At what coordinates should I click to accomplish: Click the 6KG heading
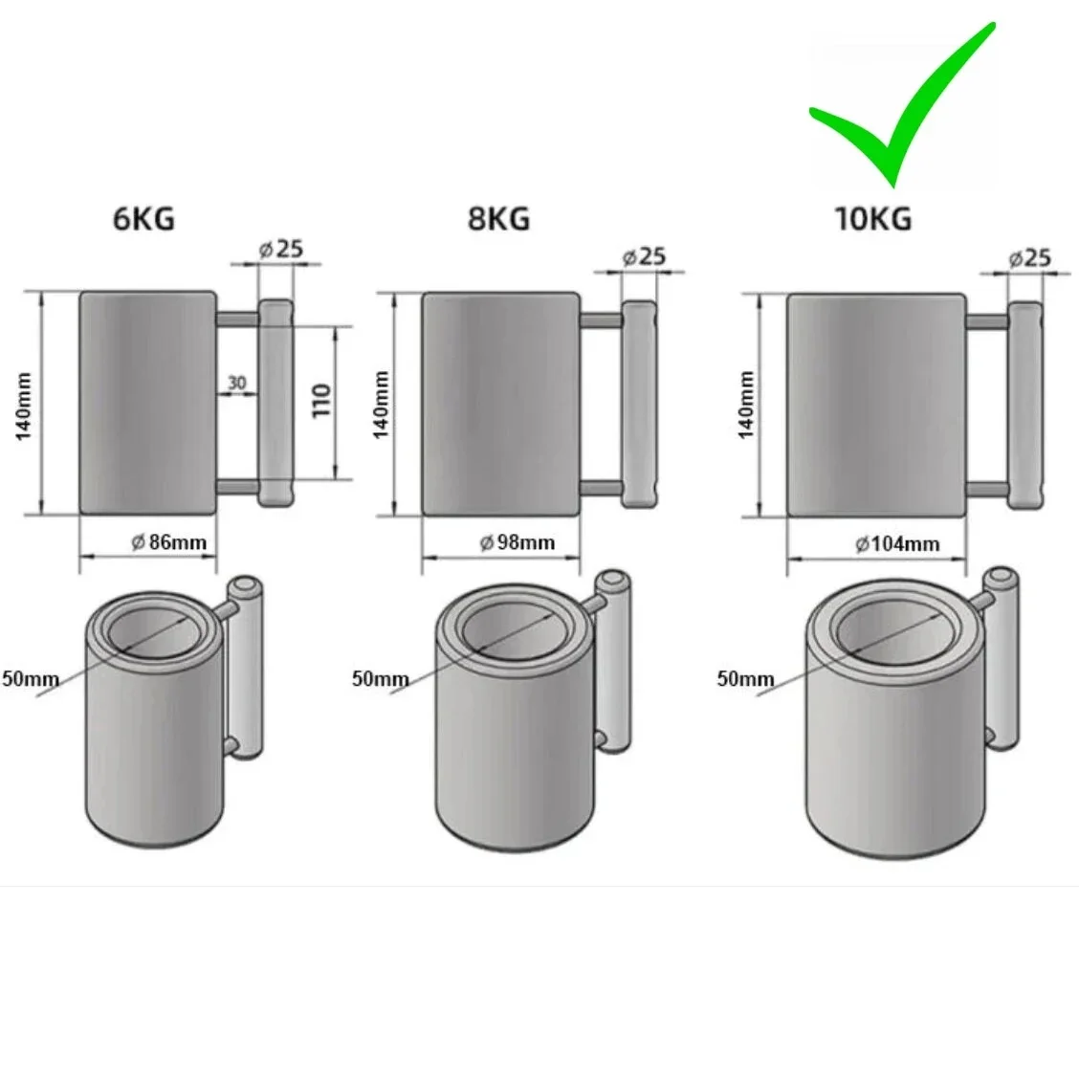tap(143, 219)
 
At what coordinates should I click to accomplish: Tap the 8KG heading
tap(499, 219)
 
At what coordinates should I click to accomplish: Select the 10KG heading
tap(873, 219)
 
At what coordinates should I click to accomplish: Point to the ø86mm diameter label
tap(169, 542)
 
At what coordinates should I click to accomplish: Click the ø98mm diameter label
tap(517, 542)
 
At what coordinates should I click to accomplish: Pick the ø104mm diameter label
tap(897, 544)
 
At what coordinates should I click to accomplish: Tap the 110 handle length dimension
tap(321, 401)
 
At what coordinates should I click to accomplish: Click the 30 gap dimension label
tap(236, 383)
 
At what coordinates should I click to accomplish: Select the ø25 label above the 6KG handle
tap(281, 249)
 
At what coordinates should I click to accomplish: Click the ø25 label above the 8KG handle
tap(644, 256)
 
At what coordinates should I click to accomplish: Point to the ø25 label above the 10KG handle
tap(1029, 258)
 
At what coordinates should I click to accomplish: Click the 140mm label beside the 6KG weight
tap(23, 407)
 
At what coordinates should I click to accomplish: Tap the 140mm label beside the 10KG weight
tap(746, 405)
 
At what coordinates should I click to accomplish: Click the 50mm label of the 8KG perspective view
tap(380, 679)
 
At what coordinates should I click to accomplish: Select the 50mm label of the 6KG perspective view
tap(31, 679)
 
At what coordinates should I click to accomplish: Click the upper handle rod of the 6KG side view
tap(238, 319)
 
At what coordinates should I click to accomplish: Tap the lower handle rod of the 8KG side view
tap(602, 488)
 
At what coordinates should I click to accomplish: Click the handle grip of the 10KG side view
tap(1025, 406)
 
